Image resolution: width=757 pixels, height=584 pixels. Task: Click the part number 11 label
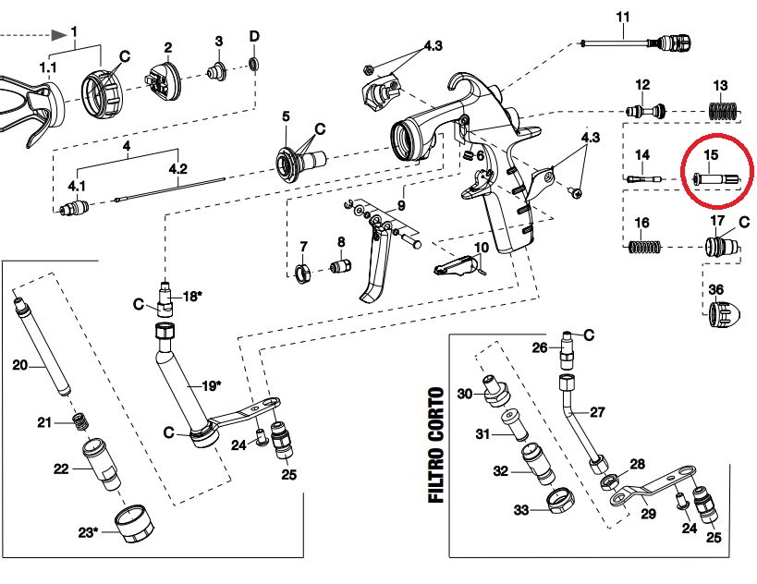click(622, 17)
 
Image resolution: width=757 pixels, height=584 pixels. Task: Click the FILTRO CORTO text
click(435, 445)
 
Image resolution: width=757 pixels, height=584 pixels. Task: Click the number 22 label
click(62, 469)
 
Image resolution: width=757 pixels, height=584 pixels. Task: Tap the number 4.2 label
click(177, 169)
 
